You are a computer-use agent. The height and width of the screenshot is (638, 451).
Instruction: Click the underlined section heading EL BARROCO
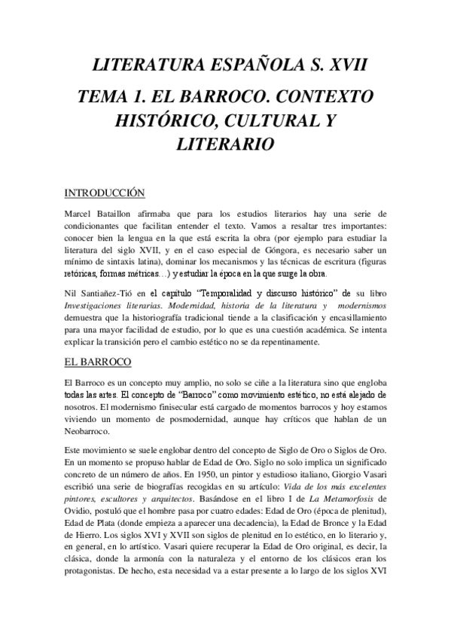tap(99, 363)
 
